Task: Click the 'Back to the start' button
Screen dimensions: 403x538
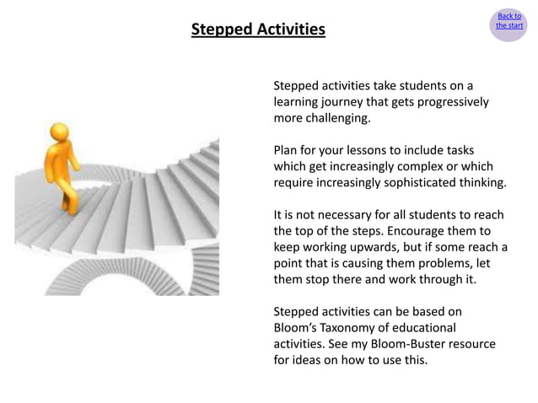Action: click(x=508, y=21)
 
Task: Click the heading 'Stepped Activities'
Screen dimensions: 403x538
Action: click(x=257, y=30)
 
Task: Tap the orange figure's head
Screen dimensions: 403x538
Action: click(x=59, y=132)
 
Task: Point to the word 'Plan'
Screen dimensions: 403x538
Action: click(x=287, y=150)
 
